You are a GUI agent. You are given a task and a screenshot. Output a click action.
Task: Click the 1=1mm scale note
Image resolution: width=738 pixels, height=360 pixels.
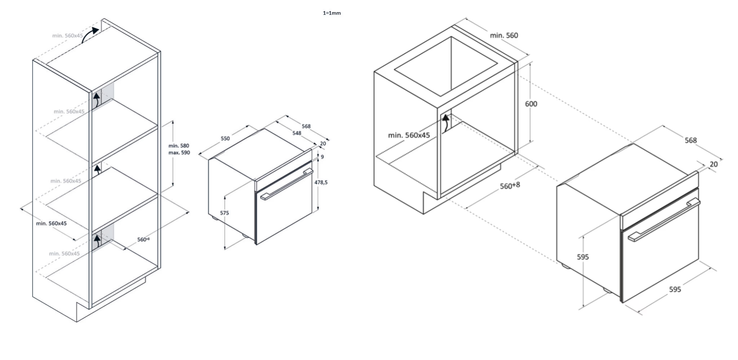332,13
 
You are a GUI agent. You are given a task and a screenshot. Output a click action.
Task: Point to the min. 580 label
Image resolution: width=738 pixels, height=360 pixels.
179,146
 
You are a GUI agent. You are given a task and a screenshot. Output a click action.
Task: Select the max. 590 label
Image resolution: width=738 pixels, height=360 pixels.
179,153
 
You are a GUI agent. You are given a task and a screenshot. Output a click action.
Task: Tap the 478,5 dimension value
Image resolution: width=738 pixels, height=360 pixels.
321,183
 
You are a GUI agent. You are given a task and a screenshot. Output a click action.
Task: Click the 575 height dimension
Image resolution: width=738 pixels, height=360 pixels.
224,213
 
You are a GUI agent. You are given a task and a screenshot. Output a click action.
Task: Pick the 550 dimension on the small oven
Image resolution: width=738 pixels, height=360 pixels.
225,139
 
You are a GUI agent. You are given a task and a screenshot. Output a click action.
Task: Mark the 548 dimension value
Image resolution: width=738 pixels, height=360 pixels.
297,133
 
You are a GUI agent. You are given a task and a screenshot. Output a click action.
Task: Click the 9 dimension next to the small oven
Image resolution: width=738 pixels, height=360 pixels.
322,157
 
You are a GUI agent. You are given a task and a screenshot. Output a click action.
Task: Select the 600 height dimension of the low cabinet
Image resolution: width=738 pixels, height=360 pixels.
531,104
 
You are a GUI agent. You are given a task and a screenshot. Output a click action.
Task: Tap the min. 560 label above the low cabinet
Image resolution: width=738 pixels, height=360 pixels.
504,36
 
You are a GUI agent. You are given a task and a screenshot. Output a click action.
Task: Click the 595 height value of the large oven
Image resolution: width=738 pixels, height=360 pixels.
583,257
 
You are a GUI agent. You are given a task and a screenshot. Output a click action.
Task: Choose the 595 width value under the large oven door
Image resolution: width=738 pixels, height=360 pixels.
675,289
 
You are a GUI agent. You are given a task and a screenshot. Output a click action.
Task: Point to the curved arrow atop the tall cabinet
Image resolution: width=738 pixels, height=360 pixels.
90,34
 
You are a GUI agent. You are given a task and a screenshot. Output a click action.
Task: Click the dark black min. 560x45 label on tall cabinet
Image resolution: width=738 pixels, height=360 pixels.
51,224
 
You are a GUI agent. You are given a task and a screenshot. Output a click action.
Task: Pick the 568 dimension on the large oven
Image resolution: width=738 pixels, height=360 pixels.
690,140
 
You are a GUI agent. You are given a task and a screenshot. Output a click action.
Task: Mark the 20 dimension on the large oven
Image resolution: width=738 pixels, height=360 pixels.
714,165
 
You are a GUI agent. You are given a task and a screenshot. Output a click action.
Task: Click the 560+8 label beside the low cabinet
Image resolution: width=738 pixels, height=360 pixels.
510,186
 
